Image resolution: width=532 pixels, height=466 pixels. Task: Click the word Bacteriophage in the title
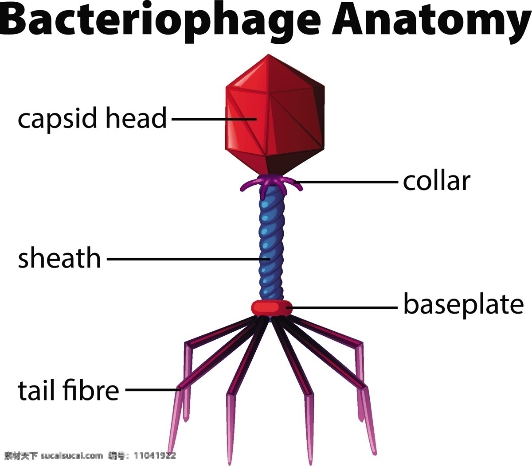coord(160,22)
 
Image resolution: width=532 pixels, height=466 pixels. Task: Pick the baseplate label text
coord(464,304)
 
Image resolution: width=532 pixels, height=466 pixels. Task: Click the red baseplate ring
coord(271,308)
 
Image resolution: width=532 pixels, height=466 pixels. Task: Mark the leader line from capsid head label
coord(214,119)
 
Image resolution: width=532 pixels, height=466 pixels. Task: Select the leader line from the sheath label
coord(188,259)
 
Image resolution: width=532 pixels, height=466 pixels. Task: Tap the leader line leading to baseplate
coord(342,307)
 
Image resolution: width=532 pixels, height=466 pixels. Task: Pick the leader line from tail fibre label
coord(153,390)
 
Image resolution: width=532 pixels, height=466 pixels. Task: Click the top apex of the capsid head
coord(268,54)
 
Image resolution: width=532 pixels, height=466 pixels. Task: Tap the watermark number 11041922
coord(155,456)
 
